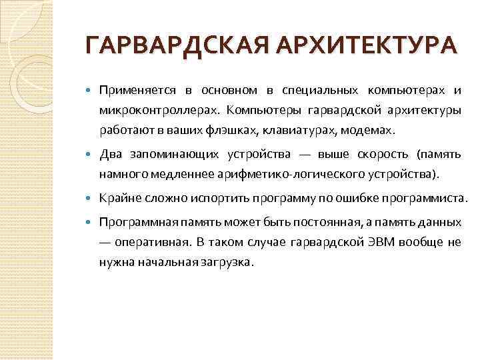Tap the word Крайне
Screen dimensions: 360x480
point(118,198)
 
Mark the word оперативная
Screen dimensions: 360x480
point(152,241)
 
